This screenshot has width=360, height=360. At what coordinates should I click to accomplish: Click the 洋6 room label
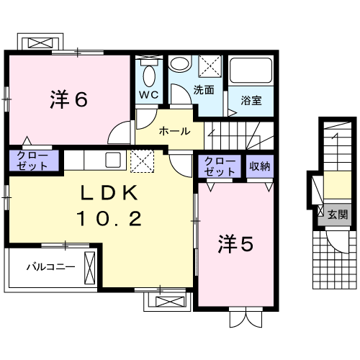point(69,99)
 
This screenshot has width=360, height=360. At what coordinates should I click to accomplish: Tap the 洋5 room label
point(235,245)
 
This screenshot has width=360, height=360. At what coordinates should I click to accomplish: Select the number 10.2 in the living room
point(109,217)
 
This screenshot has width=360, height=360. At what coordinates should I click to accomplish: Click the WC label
point(148,94)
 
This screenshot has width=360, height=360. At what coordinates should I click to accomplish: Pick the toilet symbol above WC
point(149,74)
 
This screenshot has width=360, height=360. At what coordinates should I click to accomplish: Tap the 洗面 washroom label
point(204,90)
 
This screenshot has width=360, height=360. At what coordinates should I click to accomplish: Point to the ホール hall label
point(174,131)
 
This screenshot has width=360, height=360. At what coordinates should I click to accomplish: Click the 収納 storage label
point(259,166)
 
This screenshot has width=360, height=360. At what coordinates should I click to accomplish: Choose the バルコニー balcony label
point(50,267)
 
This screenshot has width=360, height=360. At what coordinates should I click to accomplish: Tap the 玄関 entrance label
point(338,214)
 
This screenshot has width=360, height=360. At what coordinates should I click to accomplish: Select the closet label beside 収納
point(220,166)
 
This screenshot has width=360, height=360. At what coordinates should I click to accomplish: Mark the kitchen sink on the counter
point(112,158)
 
